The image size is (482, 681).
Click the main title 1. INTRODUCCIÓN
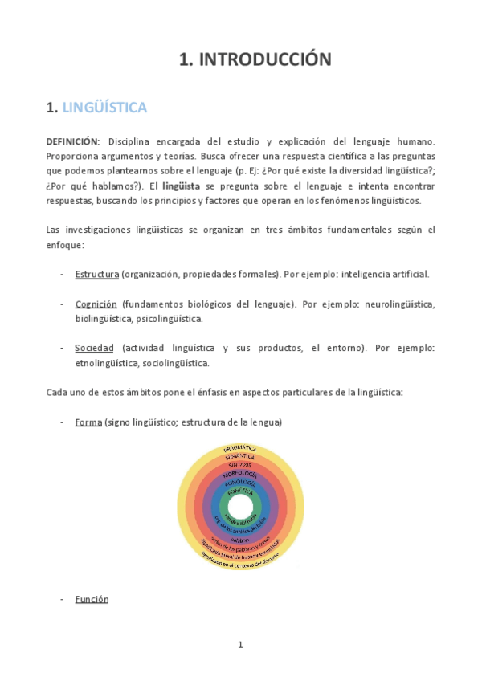pyautogui.click(x=254, y=59)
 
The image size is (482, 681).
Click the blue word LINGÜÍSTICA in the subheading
pyautogui.click(x=104, y=107)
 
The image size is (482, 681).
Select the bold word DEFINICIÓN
pyautogui.click(x=72, y=141)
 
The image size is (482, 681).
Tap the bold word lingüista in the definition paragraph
pyautogui.click(x=182, y=186)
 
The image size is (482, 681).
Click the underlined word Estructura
pyautogui.click(x=96, y=274)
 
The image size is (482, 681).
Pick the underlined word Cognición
pyautogui.click(x=96, y=304)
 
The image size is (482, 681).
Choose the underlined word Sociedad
pyautogui.click(x=94, y=348)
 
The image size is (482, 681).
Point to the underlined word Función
pyautogui.click(x=92, y=599)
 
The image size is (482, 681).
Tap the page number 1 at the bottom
pyautogui.click(x=240, y=645)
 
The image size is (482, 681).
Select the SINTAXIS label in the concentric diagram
pyautogui.click(x=240, y=465)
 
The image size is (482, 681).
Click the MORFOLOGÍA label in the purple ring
pyautogui.click(x=240, y=475)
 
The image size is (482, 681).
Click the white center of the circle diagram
pyautogui.click(x=240, y=508)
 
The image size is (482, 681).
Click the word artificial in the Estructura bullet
pyautogui.click(x=408, y=274)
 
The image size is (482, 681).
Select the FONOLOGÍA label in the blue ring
pyautogui.click(x=240, y=483)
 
